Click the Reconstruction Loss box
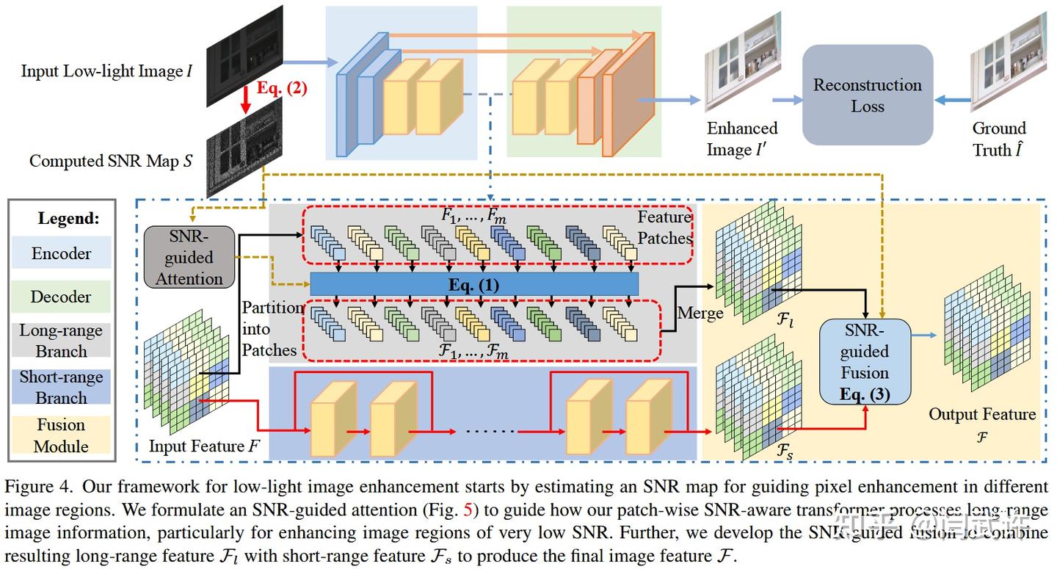(867, 95)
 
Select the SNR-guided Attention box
(189, 257)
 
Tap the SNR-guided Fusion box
(865, 361)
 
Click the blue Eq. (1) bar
(474, 284)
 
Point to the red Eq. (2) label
(282, 89)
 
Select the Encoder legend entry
(62, 253)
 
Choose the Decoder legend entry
(62, 297)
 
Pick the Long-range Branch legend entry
(62, 341)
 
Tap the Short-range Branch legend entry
(62, 387)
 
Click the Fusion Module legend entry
(62, 435)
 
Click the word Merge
(700, 313)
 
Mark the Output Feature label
(982, 414)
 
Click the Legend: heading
(68, 219)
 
